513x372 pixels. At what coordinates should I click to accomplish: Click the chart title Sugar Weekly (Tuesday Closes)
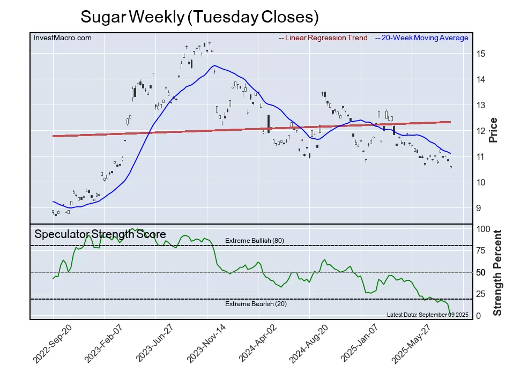[199, 17]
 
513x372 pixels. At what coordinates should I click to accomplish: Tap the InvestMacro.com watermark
[62, 38]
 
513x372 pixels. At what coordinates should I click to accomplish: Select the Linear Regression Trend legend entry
[323, 38]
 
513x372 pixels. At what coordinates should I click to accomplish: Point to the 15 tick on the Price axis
[481, 54]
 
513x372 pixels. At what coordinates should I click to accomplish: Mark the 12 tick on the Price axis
[481, 131]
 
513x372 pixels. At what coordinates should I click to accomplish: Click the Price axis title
[494, 130]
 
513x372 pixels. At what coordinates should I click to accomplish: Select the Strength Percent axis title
[497, 272]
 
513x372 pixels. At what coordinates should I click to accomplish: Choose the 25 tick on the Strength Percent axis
[481, 294]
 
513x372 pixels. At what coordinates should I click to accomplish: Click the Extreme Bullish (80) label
[254, 240]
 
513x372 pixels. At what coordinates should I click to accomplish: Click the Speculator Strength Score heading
[100, 234]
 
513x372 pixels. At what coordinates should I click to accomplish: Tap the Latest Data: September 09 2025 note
[420, 315]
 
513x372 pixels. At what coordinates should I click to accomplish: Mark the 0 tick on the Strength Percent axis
[479, 316]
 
